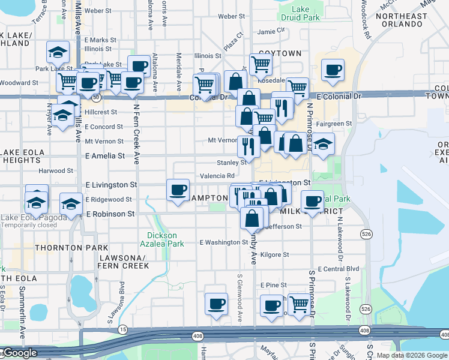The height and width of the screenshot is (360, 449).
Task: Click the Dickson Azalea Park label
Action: pyautogui.click(x=166, y=239)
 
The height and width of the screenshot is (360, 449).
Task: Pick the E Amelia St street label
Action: pyautogui.click(x=105, y=155)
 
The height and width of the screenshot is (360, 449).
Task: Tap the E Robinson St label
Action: pyautogui.click(x=110, y=214)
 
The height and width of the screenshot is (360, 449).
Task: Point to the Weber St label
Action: pyautogui.click(x=98, y=11)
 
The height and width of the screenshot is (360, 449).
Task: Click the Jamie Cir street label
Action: pyautogui.click(x=271, y=31)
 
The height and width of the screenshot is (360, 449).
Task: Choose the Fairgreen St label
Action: pyautogui.click(x=334, y=124)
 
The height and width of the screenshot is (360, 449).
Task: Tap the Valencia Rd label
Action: pyautogui.click(x=217, y=176)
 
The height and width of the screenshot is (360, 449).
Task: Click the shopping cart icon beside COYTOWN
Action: pyautogui.click(x=261, y=63)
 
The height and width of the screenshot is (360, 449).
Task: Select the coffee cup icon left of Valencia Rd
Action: pyautogui.click(x=178, y=190)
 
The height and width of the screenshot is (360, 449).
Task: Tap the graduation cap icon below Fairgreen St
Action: pyautogui.click(x=323, y=144)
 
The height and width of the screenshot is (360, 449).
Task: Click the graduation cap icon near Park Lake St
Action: pyautogui.click(x=58, y=53)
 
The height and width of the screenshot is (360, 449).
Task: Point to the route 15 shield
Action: pyautogui.click(x=123, y=329)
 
